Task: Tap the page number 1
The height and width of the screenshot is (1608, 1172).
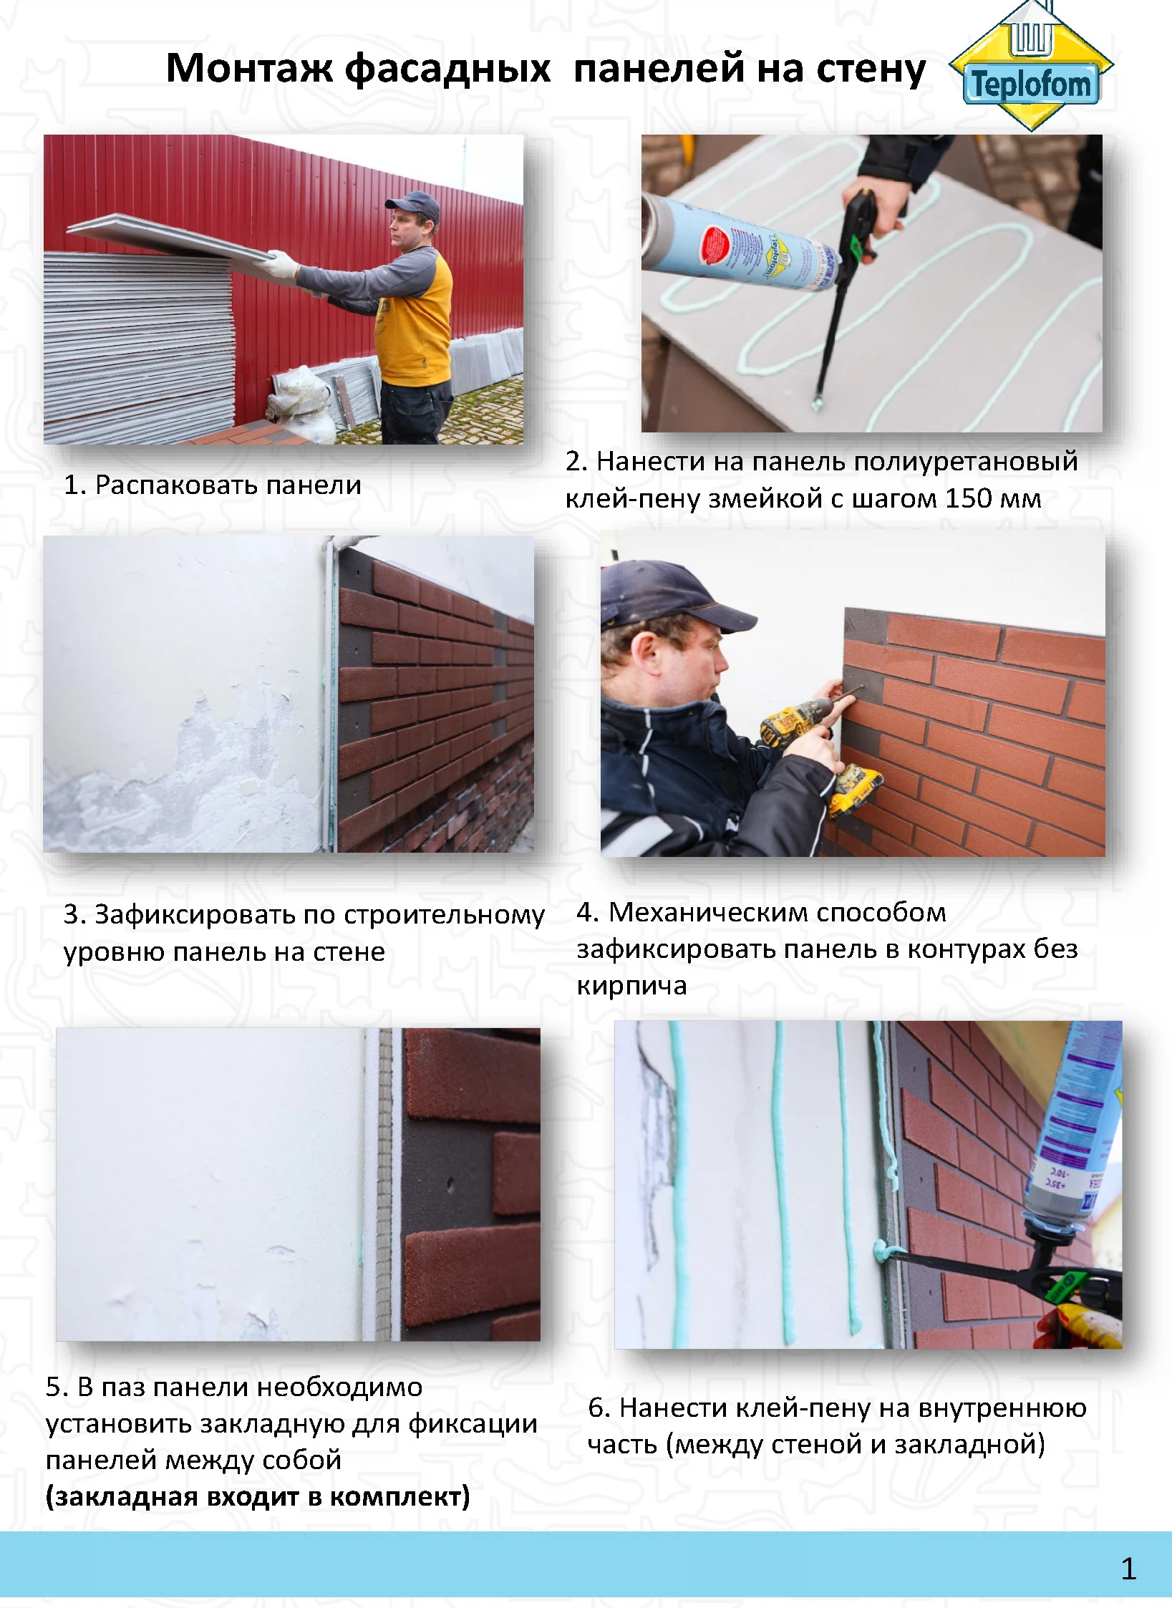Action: [1128, 1569]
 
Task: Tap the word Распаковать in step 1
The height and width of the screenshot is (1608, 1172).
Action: [176, 485]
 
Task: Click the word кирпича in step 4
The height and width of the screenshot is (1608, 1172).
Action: [631, 987]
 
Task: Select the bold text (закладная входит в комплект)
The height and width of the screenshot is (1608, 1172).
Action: [258, 1496]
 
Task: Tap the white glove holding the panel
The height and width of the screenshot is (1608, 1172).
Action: [279, 266]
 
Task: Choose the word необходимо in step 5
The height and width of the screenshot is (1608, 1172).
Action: [340, 1387]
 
